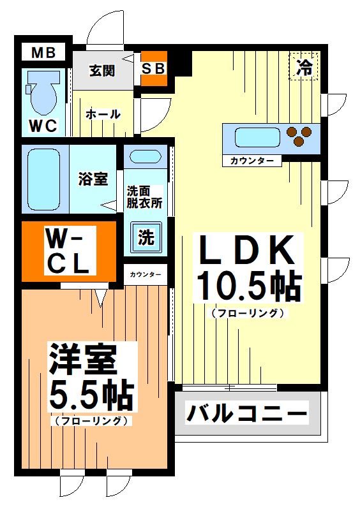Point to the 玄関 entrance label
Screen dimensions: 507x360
[x=101, y=70]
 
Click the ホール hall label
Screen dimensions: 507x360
[x=103, y=114]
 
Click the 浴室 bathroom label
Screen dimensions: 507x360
[x=93, y=179]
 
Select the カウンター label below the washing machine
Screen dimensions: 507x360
[x=146, y=275]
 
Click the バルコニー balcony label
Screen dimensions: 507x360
[x=246, y=413]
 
